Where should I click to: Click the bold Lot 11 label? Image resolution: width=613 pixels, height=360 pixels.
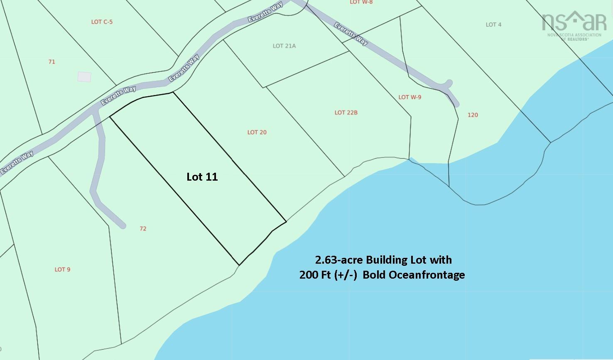(x=202, y=177)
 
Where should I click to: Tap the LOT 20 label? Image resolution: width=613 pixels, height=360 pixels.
(x=257, y=132)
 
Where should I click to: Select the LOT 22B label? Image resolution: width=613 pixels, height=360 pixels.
(x=346, y=113)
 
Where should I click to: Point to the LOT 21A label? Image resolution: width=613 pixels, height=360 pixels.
(x=284, y=46)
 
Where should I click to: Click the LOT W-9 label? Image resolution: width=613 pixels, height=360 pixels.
(x=409, y=97)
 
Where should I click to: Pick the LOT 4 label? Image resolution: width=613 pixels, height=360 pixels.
(x=493, y=25)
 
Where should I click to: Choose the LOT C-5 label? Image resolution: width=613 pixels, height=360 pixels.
(x=102, y=22)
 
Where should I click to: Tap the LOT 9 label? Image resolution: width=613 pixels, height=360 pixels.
(x=62, y=269)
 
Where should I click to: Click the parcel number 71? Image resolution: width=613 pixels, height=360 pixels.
(x=51, y=62)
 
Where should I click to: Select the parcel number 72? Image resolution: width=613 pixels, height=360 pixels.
(x=143, y=229)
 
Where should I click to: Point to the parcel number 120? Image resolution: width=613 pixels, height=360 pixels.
(x=473, y=115)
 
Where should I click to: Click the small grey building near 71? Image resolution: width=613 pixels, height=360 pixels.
(x=84, y=77)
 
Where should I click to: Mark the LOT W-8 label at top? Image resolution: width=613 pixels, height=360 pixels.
(x=361, y=2)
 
